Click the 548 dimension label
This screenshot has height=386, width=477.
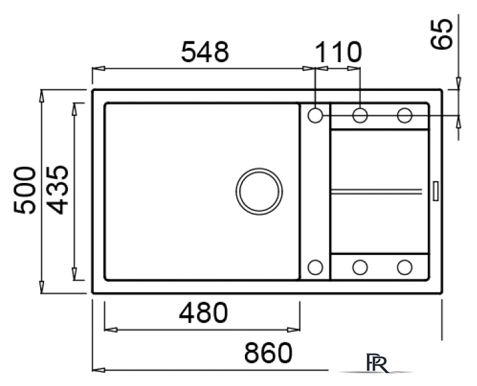[205, 52]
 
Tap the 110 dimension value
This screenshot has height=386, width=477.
[338, 52]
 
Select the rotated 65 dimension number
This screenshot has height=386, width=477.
[441, 34]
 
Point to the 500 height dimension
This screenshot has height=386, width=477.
[25, 190]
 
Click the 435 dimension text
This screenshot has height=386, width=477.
[58, 190]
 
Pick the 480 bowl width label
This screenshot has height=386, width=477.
[203, 313]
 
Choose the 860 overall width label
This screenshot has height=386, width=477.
[268, 353]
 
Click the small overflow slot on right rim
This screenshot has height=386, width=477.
[436, 191]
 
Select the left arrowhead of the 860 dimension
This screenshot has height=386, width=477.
[99, 370]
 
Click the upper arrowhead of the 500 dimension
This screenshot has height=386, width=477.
[41, 96]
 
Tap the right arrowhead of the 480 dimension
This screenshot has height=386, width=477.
[294, 330]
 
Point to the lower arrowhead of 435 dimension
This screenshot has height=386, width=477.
[74, 274]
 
